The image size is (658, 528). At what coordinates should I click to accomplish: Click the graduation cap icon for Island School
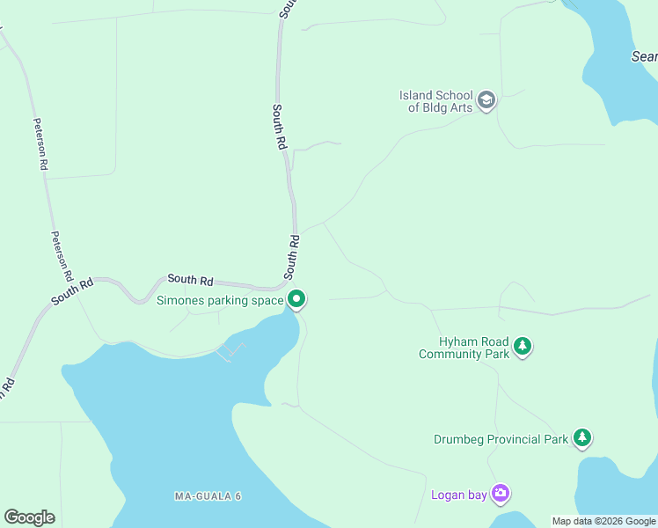(x=486, y=101)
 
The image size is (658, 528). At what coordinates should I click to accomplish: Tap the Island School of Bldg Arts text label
(x=437, y=101)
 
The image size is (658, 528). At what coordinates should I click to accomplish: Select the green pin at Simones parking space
(x=297, y=300)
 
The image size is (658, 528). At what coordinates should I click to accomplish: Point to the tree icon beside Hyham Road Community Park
(x=523, y=347)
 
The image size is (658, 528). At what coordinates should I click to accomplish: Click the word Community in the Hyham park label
(x=450, y=355)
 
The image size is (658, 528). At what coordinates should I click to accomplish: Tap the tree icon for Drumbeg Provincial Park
(x=581, y=437)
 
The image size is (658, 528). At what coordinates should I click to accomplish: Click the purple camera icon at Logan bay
(x=501, y=494)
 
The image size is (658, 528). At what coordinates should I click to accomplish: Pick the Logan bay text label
(x=459, y=495)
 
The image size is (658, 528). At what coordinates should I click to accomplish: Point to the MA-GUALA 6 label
(x=208, y=496)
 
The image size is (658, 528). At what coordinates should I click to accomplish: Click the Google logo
(x=29, y=517)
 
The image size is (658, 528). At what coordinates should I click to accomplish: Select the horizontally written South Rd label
(x=191, y=280)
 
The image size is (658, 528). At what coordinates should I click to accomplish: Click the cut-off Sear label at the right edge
(x=645, y=56)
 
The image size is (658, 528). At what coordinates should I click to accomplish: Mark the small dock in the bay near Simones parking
(x=230, y=351)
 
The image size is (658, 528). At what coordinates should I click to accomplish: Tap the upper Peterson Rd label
(x=40, y=143)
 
